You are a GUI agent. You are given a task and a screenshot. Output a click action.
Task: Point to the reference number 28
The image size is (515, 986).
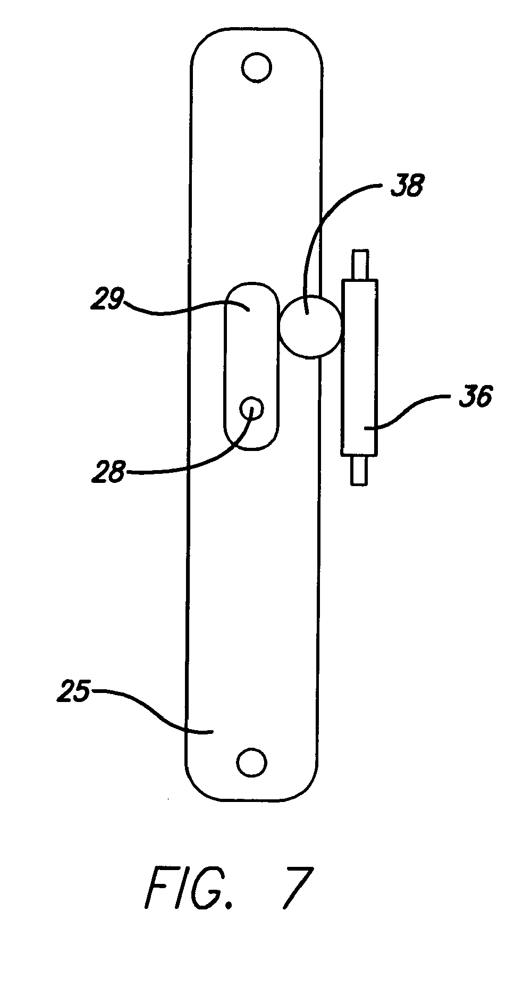tap(107, 471)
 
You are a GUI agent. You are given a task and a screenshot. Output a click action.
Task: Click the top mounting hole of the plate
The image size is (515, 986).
tap(256, 67)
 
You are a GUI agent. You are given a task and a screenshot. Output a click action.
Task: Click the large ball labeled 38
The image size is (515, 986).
tap(310, 325)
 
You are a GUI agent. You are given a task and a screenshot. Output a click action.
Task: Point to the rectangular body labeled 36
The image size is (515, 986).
tap(360, 367)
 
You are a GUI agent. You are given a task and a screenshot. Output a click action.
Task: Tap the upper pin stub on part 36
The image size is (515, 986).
tap(359, 264)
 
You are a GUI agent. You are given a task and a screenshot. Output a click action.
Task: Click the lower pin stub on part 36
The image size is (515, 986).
tap(358, 470)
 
